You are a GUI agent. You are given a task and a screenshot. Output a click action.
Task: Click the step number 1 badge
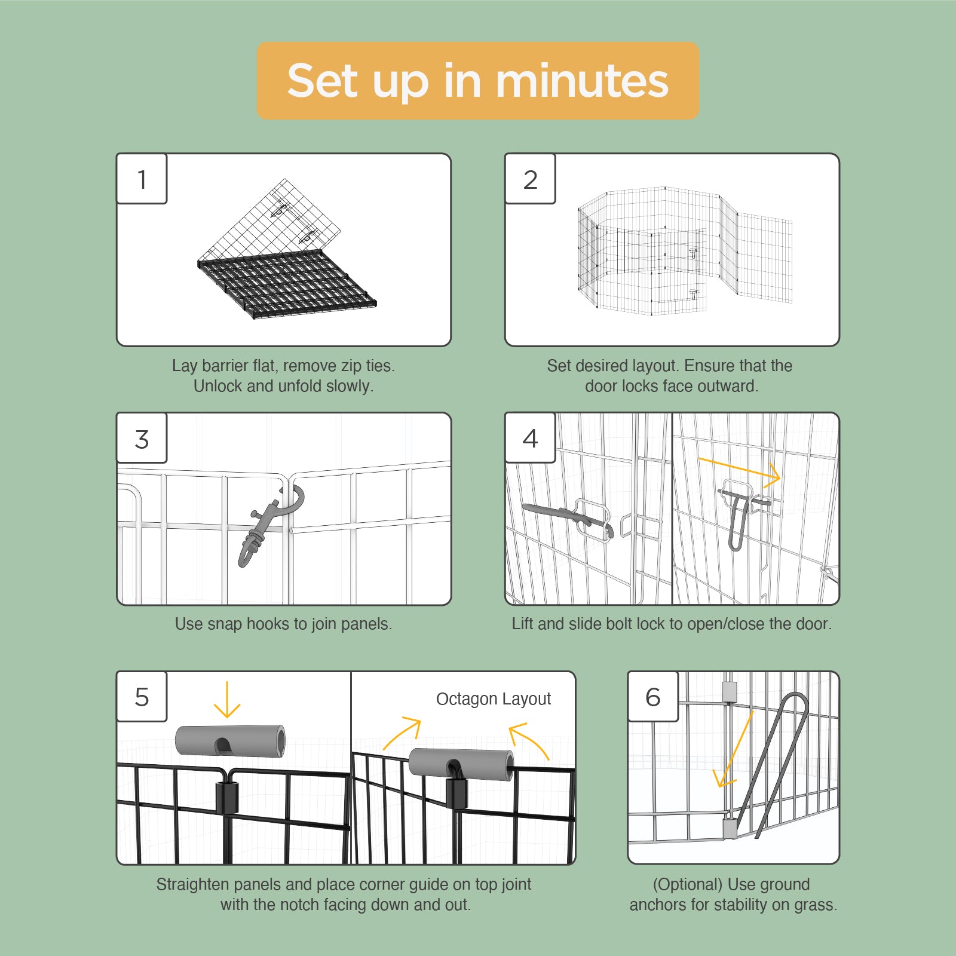(x=142, y=179)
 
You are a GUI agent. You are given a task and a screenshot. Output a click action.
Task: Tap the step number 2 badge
(x=530, y=179)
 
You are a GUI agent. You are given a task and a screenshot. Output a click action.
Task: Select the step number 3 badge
(x=142, y=438)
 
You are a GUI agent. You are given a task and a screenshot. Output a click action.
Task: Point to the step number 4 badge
(x=530, y=438)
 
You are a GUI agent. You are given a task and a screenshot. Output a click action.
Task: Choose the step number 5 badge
(x=142, y=697)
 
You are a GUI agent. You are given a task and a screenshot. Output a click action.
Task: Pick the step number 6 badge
(x=653, y=697)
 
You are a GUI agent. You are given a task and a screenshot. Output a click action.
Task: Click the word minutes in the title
(x=582, y=81)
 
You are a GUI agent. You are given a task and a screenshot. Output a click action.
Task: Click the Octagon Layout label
(x=494, y=698)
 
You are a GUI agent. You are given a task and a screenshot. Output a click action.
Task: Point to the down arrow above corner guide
(x=227, y=699)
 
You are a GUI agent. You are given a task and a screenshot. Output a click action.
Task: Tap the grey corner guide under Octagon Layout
(x=461, y=764)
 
